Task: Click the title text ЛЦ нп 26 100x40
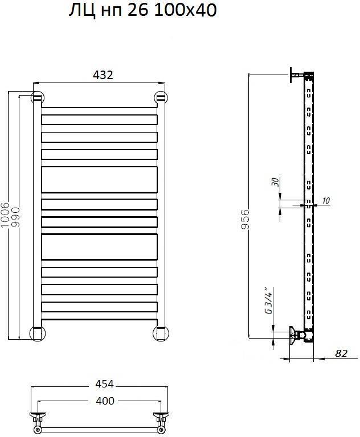[x=142, y=11]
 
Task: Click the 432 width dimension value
[x=103, y=75]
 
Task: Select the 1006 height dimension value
[x=5, y=215]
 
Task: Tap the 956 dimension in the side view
[x=245, y=219]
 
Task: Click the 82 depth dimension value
[x=341, y=353]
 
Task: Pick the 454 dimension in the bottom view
[x=105, y=384]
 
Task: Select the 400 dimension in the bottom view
[x=105, y=401]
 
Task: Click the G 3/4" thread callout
[x=268, y=300]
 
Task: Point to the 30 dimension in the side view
[x=275, y=182]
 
